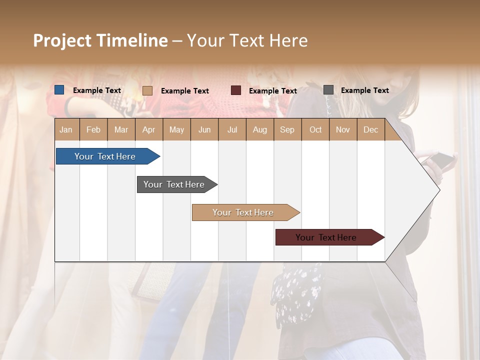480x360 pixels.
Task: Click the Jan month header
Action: point(66,129)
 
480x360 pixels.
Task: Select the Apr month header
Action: point(148,129)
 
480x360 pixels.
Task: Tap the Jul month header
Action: point(232,129)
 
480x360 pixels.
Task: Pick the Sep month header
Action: point(287,129)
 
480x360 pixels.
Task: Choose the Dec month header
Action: point(370,129)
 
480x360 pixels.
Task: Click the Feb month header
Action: point(93,129)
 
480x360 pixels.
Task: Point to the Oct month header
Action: point(315,129)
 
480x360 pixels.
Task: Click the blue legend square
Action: point(59,90)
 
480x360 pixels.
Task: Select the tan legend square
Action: point(147,90)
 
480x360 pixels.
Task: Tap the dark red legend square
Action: point(236,90)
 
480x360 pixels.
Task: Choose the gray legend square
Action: point(328,90)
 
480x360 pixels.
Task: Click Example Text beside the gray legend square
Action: point(364,90)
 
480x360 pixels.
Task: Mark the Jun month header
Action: point(204,129)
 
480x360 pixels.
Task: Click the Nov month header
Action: point(343,129)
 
